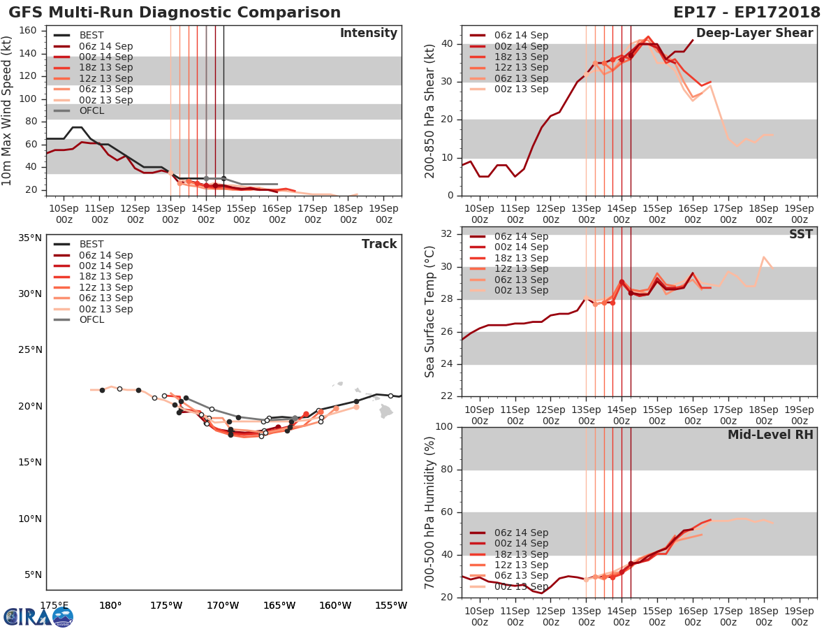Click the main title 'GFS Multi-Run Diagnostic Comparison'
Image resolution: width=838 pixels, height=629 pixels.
(175, 13)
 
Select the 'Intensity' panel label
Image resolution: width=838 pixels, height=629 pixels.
(368, 34)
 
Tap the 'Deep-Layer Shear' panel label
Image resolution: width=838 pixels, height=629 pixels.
(754, 34)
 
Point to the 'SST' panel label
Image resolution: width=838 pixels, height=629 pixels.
(800, 234)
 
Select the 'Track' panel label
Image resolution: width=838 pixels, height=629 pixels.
(378, 244)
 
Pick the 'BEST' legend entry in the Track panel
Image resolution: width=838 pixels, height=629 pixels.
(91, 245)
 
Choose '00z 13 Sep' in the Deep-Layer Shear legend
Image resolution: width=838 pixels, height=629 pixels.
(521, 89)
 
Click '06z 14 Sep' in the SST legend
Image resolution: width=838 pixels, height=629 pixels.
(521, 236)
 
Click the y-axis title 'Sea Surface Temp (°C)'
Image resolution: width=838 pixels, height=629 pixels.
(431, 311)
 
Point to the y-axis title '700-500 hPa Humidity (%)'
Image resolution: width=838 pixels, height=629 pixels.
(431, 512)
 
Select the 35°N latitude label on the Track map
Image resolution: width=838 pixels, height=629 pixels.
(30, 238)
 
